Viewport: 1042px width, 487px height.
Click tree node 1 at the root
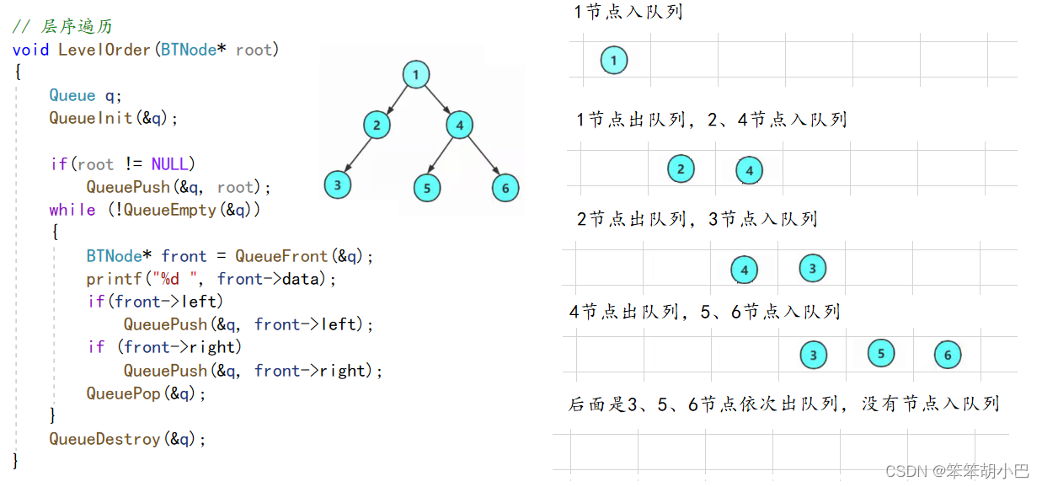(x=415, y=74)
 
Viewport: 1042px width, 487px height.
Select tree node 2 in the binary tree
(x=377, y=126)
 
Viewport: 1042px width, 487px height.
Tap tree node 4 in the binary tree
(x=459, y=126)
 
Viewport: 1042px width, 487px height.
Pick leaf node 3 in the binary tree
(x=337, y=185)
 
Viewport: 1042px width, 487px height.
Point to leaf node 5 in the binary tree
(x=427, y=187)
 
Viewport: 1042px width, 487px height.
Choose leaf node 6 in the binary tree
(x=505, y=187)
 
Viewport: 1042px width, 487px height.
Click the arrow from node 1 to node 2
(x=396, y=99)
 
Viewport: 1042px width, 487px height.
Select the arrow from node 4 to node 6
(x=482, y=156)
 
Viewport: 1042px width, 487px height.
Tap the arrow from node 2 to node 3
(x=357, y=155)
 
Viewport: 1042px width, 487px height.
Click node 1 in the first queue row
(x=614, y=60)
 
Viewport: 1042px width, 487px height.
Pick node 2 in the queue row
(x=681, y=169)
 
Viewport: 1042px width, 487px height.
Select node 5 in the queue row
(x=880, y=353)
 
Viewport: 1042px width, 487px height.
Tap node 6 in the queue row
(x=947, y=355)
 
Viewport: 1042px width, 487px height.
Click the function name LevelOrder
(x=104, y=50)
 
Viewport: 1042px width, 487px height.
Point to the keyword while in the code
(x=72, y=210)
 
